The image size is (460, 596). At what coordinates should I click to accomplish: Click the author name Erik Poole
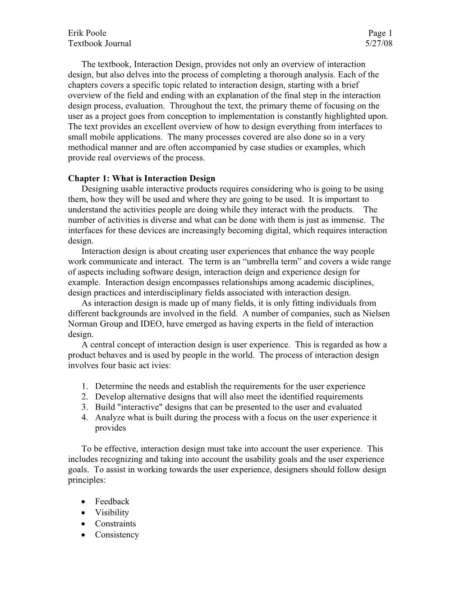[x=87, y=33]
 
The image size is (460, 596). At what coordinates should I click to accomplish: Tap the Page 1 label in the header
[x=380, y=33]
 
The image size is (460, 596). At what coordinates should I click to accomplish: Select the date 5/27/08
[x=378, y=43]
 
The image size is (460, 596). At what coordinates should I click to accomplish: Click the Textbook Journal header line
[x=100, y=43]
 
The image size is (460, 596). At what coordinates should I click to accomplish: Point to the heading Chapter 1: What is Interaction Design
[x=142, y=178]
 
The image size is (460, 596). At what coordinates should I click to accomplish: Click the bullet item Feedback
[x=112, y=502]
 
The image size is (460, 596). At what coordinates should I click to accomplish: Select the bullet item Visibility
[x=112, y=512]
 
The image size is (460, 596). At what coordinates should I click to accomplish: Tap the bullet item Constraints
[x=115, y=524]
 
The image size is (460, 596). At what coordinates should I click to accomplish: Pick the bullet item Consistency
[x=117, y=535]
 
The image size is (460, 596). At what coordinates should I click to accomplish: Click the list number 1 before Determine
[x=85, y=386]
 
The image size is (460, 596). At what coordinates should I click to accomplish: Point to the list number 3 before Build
[x=85, y=407]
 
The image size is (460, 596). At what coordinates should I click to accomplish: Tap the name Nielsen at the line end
[x=376, y=314]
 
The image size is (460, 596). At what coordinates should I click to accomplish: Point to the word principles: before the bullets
[x=87, y=480]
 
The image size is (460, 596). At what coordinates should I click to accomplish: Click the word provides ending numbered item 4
[x=110, y=428]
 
